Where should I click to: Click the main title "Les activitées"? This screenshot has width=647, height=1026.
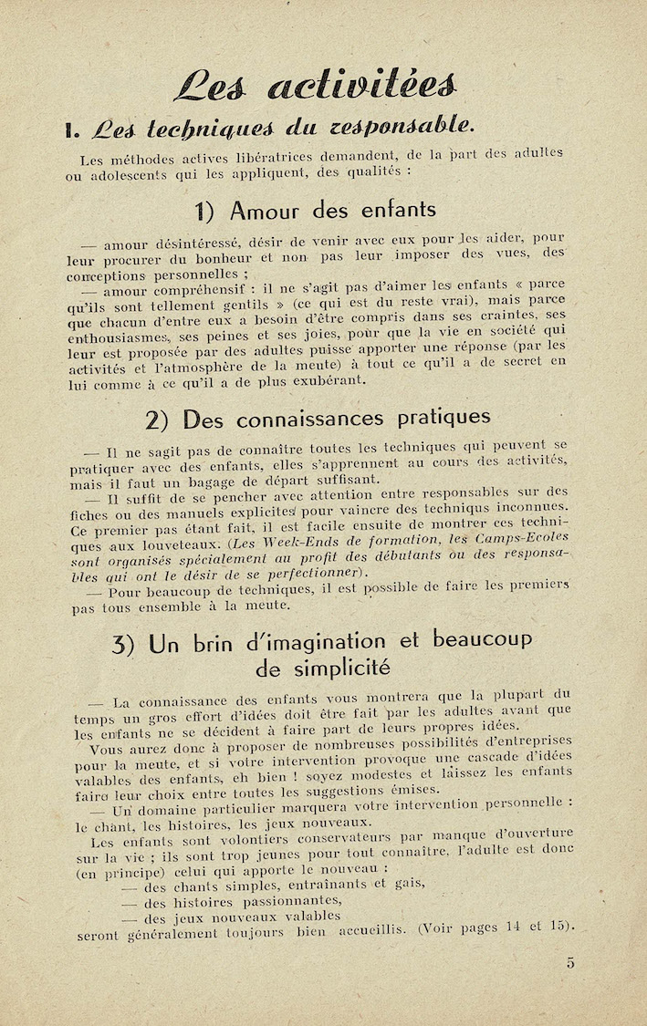[x=315, y=88]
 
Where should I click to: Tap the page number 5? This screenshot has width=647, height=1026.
[x=569, y=963]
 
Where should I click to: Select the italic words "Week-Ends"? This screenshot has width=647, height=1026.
[x=262, y=541]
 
